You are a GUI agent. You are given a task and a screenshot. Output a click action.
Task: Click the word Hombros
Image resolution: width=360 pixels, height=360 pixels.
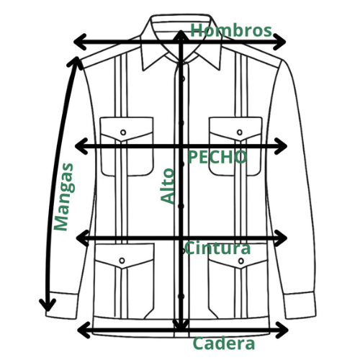tap(231, 31)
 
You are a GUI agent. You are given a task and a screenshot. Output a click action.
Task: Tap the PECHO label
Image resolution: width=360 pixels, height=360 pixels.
tap(217, 157)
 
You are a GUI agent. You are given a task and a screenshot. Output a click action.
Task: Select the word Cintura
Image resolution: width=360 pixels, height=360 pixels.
tap(217, 248)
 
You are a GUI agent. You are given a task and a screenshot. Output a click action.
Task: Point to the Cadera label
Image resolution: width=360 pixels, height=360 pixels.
tap(224, 343)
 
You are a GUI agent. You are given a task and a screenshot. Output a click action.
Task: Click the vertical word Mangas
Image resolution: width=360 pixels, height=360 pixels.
tap(64, 197)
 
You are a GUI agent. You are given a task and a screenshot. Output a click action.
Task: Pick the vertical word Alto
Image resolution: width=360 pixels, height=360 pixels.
tap(167, 186)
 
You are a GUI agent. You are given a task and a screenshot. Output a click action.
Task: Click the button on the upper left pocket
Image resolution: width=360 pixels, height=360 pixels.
tap(123, 132)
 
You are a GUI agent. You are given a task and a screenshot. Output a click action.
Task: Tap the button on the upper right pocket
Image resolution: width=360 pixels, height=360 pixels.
tap(240, 132)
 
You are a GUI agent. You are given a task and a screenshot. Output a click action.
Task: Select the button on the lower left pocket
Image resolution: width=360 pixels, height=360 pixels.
tap(122, 261)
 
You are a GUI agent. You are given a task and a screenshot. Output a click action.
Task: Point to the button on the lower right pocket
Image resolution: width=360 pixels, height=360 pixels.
tap(241, 261)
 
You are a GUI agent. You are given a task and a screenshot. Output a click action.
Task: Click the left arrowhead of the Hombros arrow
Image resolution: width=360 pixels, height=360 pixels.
tap(80, 42)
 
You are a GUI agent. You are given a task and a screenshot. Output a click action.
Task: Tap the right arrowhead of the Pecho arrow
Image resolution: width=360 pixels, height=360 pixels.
tap(281, 146)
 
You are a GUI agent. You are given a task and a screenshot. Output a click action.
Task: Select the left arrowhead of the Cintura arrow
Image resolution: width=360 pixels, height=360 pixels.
tap(82, 238)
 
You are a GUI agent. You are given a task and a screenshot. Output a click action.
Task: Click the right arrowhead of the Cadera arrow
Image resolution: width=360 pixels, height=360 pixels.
tap(282, 330)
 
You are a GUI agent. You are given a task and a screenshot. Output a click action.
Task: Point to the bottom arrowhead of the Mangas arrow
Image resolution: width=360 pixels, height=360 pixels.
tap(48, 305)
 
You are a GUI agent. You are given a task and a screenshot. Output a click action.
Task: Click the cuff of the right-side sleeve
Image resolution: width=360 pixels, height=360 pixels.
tap(300, 305)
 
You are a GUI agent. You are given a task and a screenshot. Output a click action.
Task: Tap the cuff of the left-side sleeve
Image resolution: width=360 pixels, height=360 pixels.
tap(62, 305)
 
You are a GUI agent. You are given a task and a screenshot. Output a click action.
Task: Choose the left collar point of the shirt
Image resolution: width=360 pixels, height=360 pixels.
tap(144, 71)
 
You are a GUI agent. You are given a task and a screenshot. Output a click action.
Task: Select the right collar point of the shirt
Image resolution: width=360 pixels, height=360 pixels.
tap(219, 70)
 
